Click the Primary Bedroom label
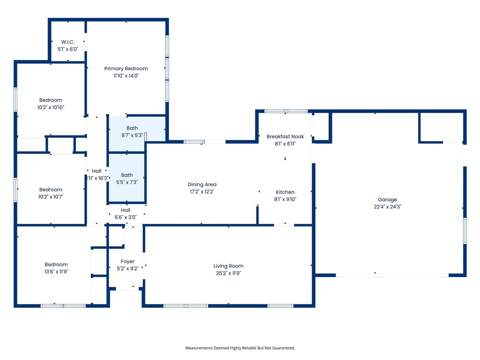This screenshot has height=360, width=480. click(x=126, y=68)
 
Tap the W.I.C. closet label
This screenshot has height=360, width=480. click(x=67, y=42)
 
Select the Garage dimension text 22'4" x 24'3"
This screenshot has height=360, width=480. click(x=387, y=207)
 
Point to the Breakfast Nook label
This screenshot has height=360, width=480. click(x=285, y=136)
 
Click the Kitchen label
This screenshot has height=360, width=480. click(x=285, y=192)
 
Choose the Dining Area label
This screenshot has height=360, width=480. click(x=202, y=184)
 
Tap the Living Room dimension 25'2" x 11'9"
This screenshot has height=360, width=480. click(x=228, y=273)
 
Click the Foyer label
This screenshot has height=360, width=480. click(x=127, y=262)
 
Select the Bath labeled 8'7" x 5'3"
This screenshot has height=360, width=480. click(x=132, y=128)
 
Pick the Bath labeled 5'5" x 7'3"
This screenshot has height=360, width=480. click(x=127, y=175)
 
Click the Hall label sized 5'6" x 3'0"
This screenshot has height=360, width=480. click(x=126, y=210)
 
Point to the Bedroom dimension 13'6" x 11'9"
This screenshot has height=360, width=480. click(x=56, y=271)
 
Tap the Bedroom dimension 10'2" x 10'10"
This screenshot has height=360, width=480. click(x=51, y=107)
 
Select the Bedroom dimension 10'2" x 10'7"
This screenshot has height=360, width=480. click(x=51, y=197)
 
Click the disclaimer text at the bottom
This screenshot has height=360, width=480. click(x=240, y=348)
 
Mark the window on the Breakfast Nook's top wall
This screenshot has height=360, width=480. click(x=285, y=111)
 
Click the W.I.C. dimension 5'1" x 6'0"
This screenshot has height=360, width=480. click(x=67, y=49)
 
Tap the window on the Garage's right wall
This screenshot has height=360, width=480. click(x=465, y=231)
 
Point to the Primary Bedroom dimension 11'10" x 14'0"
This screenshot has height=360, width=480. click(x=126, y=75)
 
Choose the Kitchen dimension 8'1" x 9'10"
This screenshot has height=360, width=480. click(x=285, y=199)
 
